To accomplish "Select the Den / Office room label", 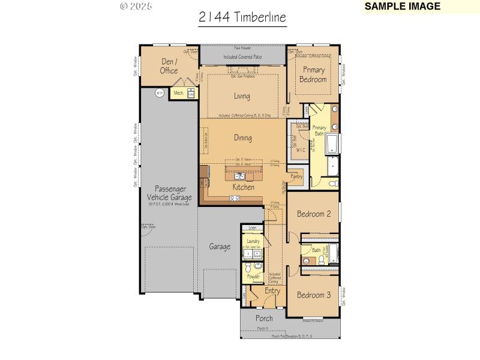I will point(169,66).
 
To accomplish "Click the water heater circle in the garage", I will point(160,93).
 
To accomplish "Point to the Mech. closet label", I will point(179,93).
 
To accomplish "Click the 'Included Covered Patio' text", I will point(242,57).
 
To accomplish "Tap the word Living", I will point(242,96).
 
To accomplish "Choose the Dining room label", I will point(243,138).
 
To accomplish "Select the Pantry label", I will point(296,177).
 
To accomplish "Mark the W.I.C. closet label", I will point(301,150).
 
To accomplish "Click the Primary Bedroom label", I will point(313,74).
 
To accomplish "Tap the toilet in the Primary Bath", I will point(333,183).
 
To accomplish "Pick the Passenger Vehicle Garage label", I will point(169,193).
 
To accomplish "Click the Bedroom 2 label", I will point(314,214).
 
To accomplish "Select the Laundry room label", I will point(253,241).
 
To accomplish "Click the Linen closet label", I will point(253,229).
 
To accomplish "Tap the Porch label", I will point(264,318).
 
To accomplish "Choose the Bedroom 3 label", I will point(314,295).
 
